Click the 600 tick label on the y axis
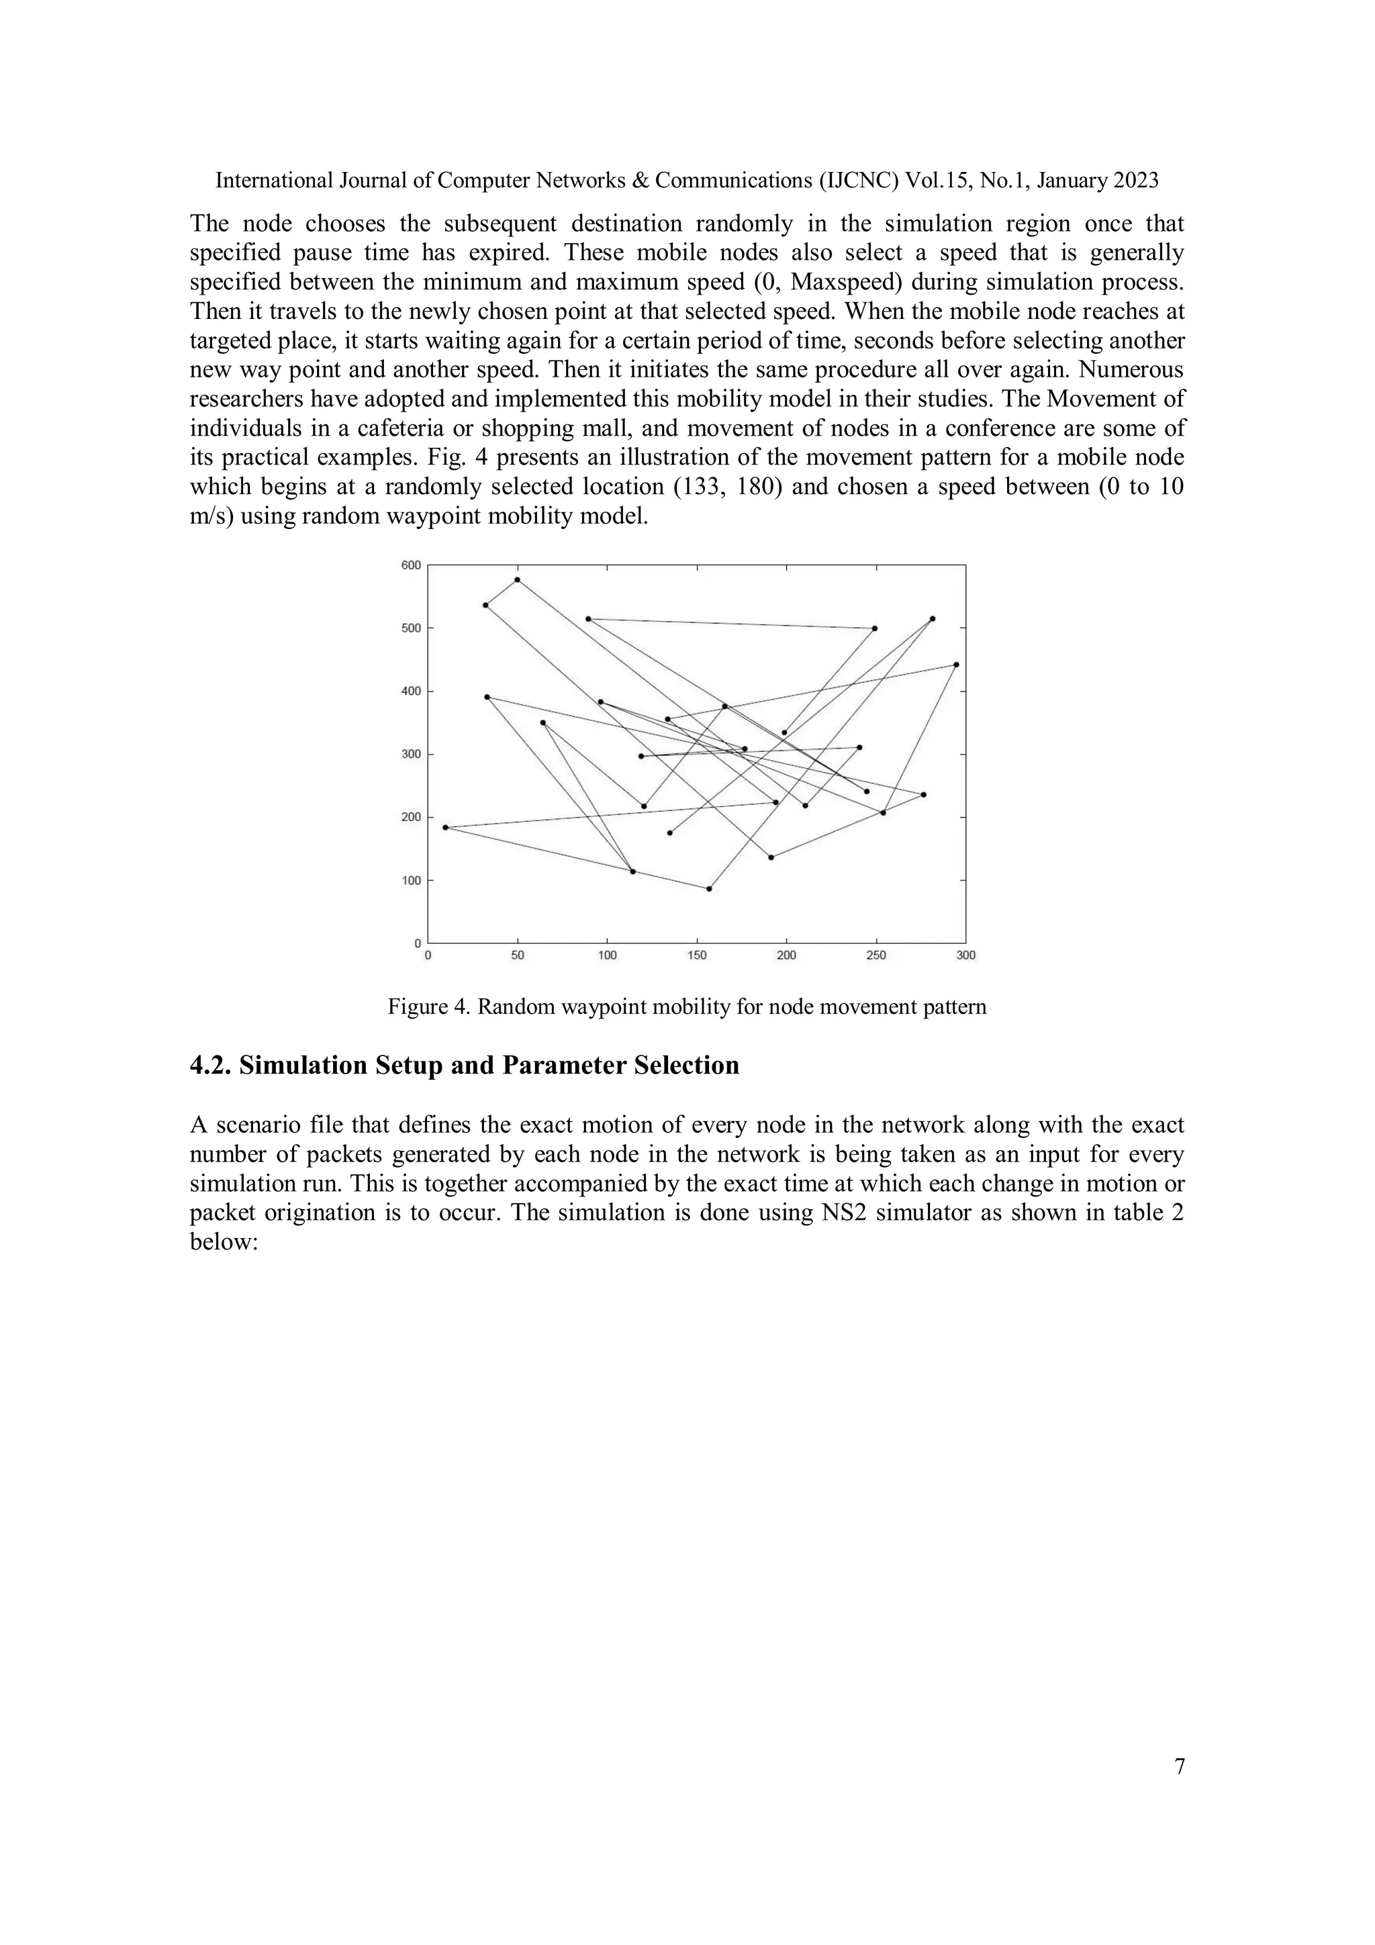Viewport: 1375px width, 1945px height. [x=410, y=565]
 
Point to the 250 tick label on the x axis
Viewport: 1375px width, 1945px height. [x=876, y=955]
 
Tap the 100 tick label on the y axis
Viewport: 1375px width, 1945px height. [x=410, y=881]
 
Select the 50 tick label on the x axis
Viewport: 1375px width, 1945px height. [x=518, y=955]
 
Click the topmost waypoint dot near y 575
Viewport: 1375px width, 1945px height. [x=517, y=580]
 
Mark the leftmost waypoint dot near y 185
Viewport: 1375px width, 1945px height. [x=446, y=828]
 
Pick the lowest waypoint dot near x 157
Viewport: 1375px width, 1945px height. [x=709, y=889]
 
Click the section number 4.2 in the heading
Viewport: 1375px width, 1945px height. [x=210, y=1065]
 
